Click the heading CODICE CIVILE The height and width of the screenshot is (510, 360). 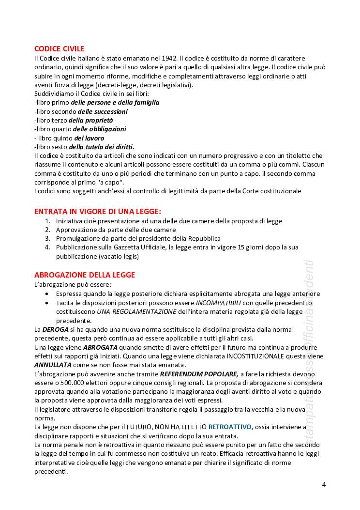(x=59, y=48)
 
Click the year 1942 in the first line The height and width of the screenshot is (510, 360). (x=170, y=58)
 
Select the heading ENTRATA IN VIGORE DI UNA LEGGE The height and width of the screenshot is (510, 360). (x=98, y=212)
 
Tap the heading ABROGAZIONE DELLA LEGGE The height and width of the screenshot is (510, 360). (x=85, y=275)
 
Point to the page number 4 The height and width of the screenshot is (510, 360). (x=324, y=484)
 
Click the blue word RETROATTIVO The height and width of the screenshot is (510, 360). (x=231, y=427)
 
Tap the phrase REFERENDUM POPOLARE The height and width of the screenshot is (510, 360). (x=199, y=374)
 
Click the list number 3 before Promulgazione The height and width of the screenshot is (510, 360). (x=47, y=239)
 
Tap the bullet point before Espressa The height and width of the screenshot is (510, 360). (x=46, y=294)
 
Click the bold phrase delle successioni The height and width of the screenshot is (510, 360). (x=96, y=111)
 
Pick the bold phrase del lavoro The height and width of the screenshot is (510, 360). (x=89, y=138)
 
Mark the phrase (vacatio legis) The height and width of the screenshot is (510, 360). (x=119, y=256)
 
